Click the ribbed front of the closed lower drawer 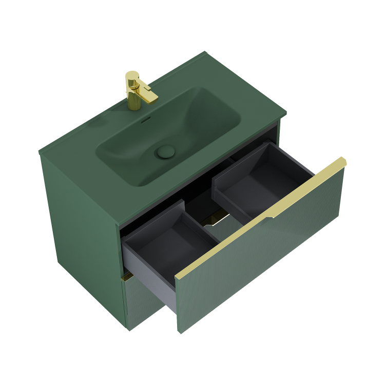(146, 308)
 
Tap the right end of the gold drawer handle (343, 161)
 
